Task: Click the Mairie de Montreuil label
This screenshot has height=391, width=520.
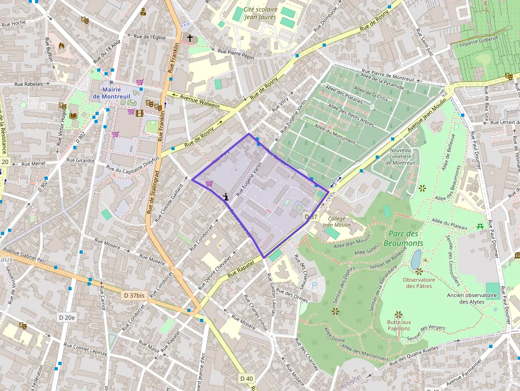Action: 112,93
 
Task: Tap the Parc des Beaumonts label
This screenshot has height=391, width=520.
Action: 406,238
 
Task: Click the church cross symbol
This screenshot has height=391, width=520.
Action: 189,38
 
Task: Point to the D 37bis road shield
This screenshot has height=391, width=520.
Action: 134,295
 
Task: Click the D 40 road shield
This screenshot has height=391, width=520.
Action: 247,378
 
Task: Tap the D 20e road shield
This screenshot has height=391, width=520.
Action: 67,317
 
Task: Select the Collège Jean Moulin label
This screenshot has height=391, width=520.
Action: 336,221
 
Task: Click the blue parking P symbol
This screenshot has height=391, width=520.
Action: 314,285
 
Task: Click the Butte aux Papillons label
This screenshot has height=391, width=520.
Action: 399,325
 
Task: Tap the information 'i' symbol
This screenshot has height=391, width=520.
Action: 226,196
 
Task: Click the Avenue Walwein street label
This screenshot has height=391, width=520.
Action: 200,101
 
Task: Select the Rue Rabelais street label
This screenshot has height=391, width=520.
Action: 29,84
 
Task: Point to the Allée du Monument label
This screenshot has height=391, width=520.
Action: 335,131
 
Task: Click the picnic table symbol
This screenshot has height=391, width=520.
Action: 480,226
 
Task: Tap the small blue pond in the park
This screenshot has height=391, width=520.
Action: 416,259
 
